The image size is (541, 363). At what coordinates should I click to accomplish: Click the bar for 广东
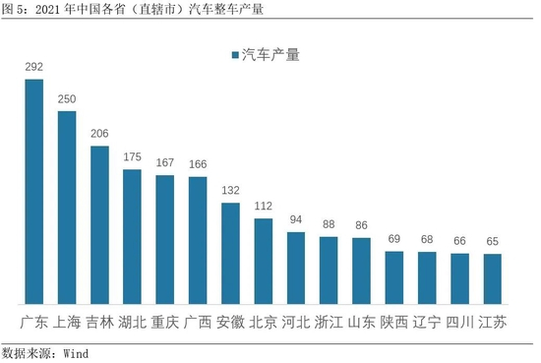[x=34, y=192]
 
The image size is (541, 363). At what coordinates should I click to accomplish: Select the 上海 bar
[x=67, y=208]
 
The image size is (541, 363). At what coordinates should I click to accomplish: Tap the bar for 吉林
[x=99, y=225]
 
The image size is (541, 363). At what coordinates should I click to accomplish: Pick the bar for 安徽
[x=230, y=253]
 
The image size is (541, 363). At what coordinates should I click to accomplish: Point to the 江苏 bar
[x=493, y=278]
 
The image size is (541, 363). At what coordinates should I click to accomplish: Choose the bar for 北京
[x=264, y=262]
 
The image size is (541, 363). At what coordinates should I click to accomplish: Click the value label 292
[x=34, y=67]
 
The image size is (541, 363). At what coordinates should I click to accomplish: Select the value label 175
[x=133, y=157]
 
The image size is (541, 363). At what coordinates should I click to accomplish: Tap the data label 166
[x=198, y=164]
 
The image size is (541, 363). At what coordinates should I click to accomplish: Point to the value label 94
[x=296, y=219]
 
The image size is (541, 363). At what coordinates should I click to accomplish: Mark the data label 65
[x=493, y=241]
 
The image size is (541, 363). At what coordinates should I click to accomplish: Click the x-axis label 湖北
[x=133, y=323]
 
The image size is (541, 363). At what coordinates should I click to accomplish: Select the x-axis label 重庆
[x=165, y=323]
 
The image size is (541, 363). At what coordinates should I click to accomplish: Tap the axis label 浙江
[x=329, y=323]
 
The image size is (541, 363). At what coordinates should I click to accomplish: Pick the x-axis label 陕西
[x=394, y=323]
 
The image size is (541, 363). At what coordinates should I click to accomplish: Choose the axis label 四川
[x=459, y=323]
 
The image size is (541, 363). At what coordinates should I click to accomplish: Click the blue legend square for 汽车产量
[x=235, y=55]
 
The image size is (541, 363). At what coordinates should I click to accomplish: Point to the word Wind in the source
[x=76, y=354]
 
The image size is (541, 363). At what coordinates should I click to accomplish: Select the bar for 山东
[x=361, y=271]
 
